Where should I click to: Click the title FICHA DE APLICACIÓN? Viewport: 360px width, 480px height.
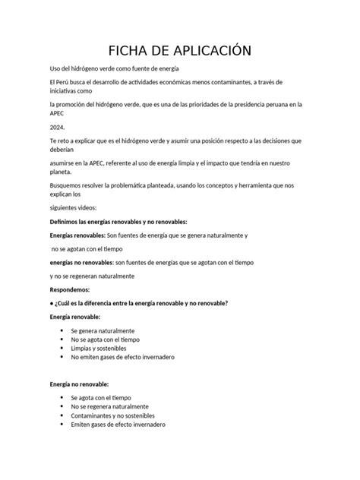tap(180, 51)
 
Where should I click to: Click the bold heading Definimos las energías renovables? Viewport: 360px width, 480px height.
tap(117, 221)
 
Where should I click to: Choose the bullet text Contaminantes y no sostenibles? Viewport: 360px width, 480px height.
tap(112, 416)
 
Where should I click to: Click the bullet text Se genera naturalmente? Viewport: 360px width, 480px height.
tap(103, 331)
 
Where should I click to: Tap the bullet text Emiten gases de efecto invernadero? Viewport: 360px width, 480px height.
tap(118, 425)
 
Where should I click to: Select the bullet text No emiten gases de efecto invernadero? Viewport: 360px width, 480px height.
tap(122, 357)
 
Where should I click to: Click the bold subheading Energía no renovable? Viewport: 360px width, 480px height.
tap(79, 384)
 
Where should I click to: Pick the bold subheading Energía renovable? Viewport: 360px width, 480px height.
tap(74, 317)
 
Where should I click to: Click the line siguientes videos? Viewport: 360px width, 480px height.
tap(73, 207)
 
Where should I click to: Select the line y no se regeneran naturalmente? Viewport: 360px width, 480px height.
tap(92, 276)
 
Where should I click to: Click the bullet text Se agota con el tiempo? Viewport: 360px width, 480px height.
tap(101, 398)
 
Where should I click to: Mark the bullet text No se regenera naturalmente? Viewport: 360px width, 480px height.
tap(109, 407)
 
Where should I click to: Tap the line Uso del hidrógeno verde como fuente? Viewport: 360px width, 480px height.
tap(113, 68)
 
